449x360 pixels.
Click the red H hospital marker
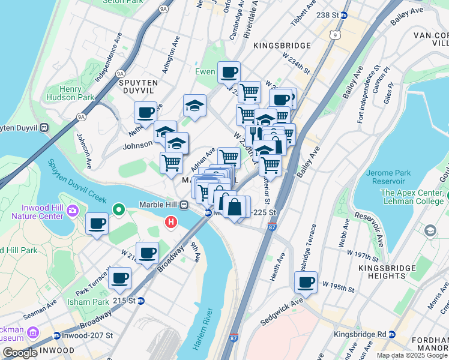coord(171,223)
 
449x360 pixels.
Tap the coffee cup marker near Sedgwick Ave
coord(306,282)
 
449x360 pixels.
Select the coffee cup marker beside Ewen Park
coord(229,73)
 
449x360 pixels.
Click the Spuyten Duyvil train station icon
coord(44,127)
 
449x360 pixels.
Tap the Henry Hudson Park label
coord(79,93)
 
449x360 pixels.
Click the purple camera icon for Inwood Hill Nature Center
coord(73,210)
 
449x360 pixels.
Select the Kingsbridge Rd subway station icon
coord(392,334)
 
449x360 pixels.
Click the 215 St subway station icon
coord(141,301)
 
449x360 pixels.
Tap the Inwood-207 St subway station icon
coord(56,335)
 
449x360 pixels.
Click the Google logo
coord(19,353)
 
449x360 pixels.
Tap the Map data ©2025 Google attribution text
coord(411,355)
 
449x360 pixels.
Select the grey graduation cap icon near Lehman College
coord(430,230)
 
